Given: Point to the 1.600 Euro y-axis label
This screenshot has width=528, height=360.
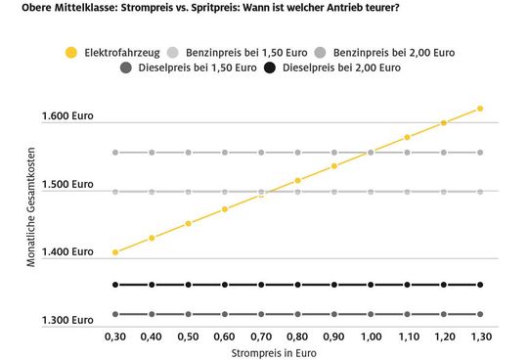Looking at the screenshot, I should pos(67,117).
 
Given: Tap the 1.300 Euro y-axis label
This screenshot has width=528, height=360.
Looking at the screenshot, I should pos(67,320).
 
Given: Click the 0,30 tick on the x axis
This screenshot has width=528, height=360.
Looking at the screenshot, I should pos(115,335).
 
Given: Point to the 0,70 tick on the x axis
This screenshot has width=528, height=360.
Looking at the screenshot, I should pos(261,335).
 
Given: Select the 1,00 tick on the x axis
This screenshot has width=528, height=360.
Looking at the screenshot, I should pos(371,335).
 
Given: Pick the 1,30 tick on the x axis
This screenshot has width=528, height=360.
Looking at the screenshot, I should pos(480,335).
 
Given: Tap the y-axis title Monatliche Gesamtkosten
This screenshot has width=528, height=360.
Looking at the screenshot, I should pos(31,214).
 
